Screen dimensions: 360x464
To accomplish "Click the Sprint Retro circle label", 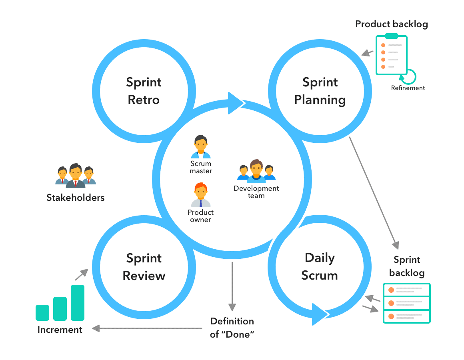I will [x=144, y=91].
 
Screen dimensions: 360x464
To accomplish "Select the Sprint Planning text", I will [x=320, y=91].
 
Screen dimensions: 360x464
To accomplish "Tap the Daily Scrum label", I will [x=320, y=266].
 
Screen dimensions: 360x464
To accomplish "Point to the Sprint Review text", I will [x=144, y=267].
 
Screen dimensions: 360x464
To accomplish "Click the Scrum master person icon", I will [x=201, y=147].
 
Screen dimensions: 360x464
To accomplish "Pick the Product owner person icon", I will [x=201, y=195].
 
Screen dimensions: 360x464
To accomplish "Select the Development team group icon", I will [x=256, y=171].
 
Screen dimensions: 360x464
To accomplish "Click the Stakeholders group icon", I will [x=75, y=176].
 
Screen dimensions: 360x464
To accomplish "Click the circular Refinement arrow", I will [x=410, y=76].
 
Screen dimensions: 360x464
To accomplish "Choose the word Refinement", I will [x=408, y=88].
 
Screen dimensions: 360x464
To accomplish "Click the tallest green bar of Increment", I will [x=78, y=302].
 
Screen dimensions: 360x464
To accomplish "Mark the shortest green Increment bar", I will [x=42, y=312].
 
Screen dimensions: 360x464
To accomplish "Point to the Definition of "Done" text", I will [x=232, y=328].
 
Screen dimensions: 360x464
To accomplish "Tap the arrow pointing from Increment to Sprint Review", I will [x=81, y=274].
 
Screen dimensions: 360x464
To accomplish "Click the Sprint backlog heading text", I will [x=406, y=266].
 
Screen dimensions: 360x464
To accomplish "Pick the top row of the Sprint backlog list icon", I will [x=406, y=290].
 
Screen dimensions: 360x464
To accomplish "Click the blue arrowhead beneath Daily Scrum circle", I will [x=320, y=314].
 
